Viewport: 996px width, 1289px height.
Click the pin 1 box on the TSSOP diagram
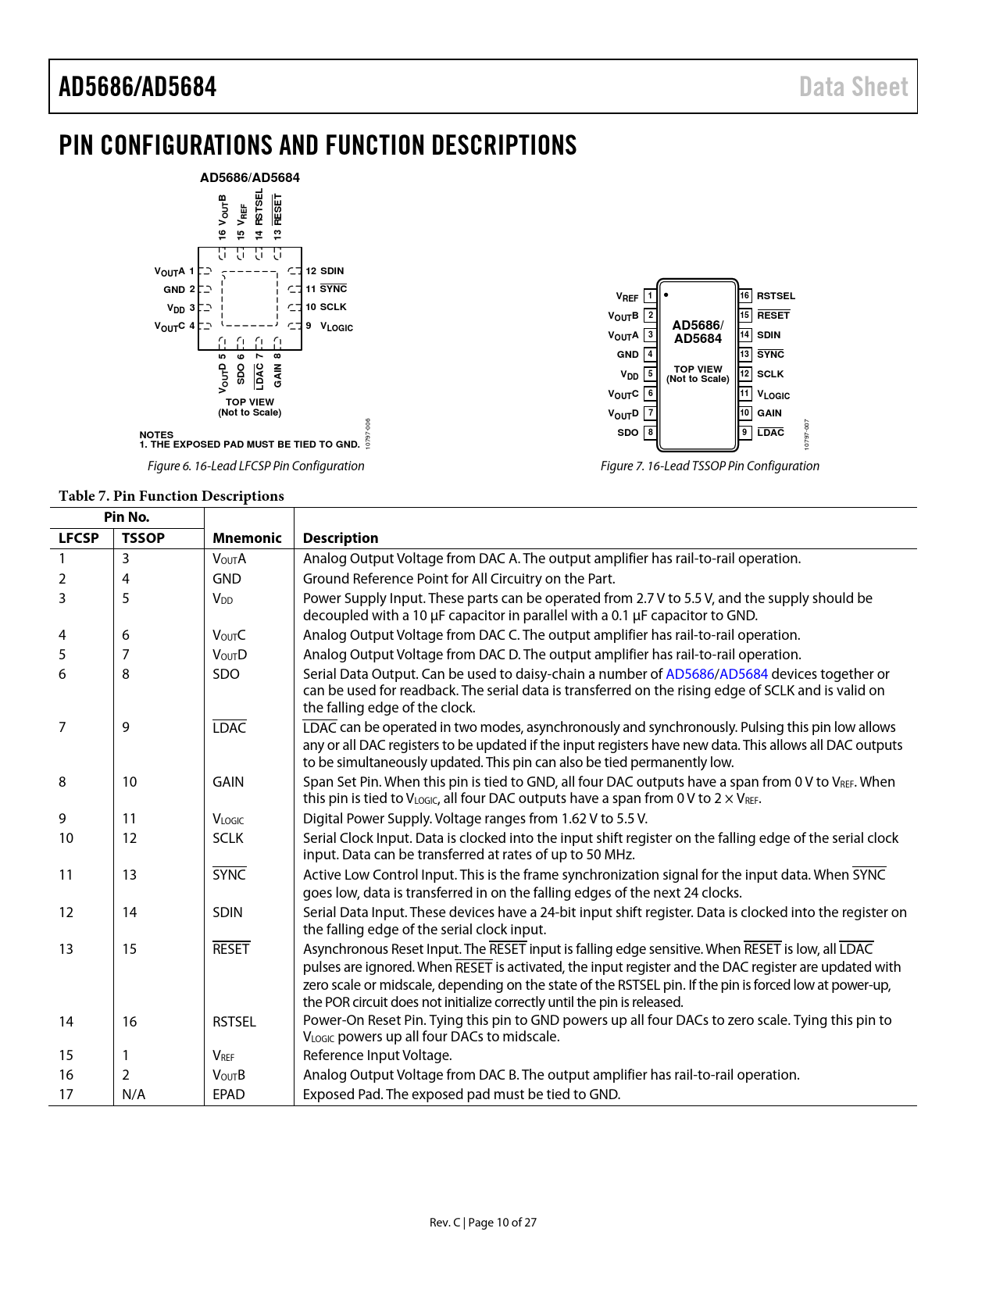click(x=650, y=296)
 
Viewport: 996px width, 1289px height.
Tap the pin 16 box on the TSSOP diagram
click(x=744, y=296)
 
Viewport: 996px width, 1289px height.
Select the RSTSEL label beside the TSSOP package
click(x=776, y=296)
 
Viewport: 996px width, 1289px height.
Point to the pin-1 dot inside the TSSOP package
click(x=666, y=295)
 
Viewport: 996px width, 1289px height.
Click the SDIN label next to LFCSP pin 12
click(x=332, y=271)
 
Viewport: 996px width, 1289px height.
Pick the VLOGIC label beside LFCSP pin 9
click(x=337, y=327)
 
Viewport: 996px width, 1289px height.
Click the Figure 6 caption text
click(x=255, y=466)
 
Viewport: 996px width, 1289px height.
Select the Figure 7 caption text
click(x=709, y=466)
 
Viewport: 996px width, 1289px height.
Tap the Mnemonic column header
click(x=247, y=537)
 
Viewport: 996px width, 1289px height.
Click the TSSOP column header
click(x=143, y=537)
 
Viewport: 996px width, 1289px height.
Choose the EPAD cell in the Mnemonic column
click(x=229, y=1094)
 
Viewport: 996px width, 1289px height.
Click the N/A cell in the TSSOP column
click(x=134, y=1094)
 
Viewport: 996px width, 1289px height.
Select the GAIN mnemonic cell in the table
click(x=228, y=782)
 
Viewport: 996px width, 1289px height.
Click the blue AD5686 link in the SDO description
click(x=689, y=674)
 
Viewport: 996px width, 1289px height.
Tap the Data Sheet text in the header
click(x=853, y=87)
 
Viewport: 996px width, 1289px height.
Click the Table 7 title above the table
click(x=171, y=496)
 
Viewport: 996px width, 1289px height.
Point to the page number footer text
click(x=483, y=1222)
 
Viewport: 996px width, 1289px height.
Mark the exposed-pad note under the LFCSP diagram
click(x=250, y=445)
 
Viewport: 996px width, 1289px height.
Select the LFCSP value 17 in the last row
click(x=66, y=1094)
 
